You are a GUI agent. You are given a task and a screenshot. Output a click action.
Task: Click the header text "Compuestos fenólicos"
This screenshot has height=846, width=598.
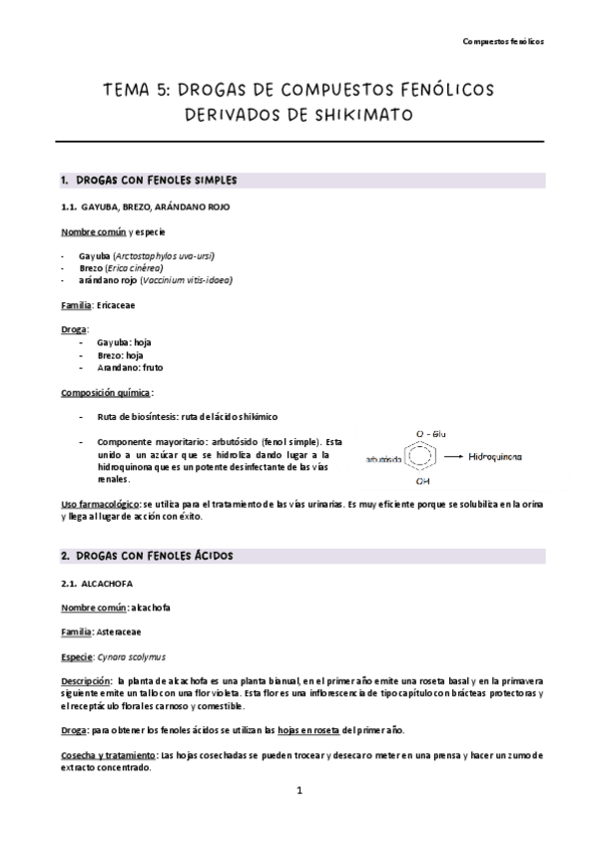click(504, 42)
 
